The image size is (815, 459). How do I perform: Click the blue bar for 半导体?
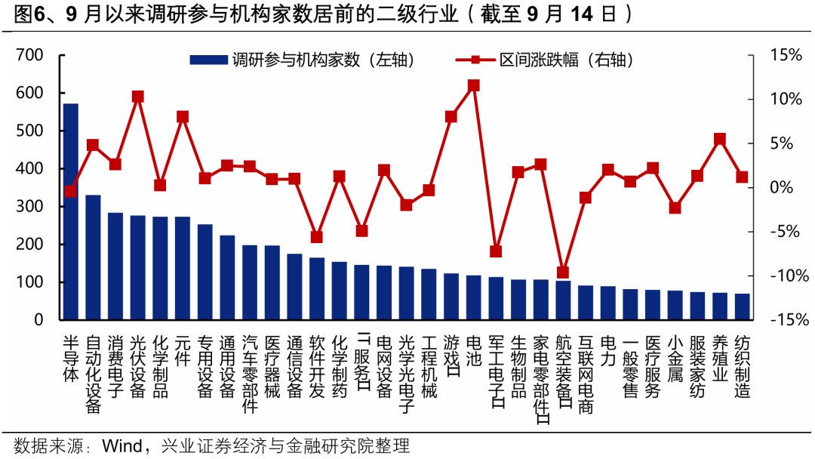(70, 211)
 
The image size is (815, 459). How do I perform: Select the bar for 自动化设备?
(93, 257)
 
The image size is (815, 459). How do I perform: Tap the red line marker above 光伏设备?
(138, 97)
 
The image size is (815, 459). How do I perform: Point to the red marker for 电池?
(474, 85)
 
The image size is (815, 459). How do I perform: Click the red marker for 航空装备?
(563, 272)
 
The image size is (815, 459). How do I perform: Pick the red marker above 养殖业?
(720, 139)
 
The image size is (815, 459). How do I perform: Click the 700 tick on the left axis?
(29, 55)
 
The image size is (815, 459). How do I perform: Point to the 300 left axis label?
(29, 206)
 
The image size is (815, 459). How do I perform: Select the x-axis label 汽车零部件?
(250, 374)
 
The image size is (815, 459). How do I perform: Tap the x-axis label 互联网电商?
(586, 374)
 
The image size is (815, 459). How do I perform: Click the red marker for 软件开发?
(317, 237)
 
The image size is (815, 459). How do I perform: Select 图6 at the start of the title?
(28, 14)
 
